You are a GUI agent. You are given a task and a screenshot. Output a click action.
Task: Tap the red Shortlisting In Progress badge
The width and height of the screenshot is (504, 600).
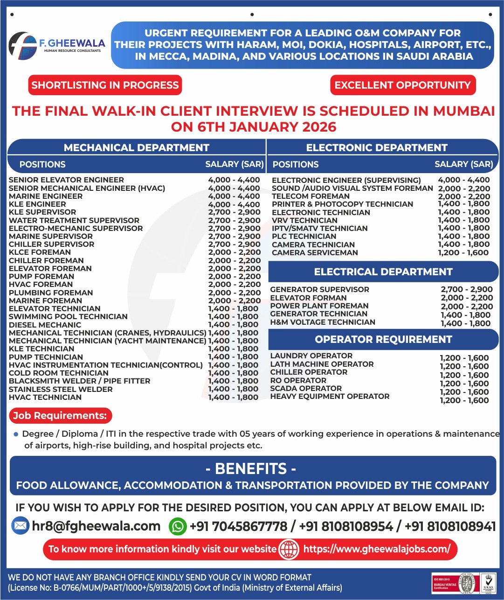(x=105, y=85)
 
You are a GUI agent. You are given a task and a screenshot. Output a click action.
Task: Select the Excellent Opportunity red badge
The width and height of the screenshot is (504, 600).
(x=403, y=85)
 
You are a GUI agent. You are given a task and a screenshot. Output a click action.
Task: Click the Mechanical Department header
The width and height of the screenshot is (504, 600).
(x=136, y=147)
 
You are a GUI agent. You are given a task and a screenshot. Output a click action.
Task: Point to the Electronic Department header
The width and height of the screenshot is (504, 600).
(x=377, y=147)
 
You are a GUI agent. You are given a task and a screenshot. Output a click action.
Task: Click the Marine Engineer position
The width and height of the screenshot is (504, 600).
(x=46, y=196)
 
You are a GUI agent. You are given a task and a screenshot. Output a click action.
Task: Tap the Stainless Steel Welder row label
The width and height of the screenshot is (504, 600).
(x=61, y=389)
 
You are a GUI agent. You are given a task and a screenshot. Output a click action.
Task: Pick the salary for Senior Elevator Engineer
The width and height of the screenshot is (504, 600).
(x=234, y=180)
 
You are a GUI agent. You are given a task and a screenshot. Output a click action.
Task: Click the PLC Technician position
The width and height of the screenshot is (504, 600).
(x=304, y=237)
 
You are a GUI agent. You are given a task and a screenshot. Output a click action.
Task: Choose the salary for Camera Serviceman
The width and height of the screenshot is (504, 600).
(x=463, y=252)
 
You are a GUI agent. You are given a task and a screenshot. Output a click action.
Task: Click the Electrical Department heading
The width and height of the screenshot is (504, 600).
(x=383, y=272)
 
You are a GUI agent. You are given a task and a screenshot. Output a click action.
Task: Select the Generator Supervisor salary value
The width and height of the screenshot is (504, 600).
(x=467, y=289)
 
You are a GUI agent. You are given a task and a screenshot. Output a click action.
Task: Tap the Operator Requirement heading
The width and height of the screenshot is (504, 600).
(x=383, y=339)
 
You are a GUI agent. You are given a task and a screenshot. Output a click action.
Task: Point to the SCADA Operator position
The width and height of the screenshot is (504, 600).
(x=306, y=388)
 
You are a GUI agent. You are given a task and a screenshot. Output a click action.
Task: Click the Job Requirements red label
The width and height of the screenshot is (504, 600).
(x=60, y=415)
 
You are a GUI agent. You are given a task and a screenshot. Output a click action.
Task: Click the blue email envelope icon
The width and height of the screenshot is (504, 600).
(x=20, y=526)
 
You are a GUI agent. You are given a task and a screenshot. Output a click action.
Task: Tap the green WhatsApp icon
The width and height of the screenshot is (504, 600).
(x=178, y=526)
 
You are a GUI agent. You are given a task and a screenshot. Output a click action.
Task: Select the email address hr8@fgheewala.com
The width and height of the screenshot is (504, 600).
(x=96, y=526)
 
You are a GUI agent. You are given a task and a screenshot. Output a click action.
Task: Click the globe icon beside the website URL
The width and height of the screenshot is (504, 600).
(x=289, y=549)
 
